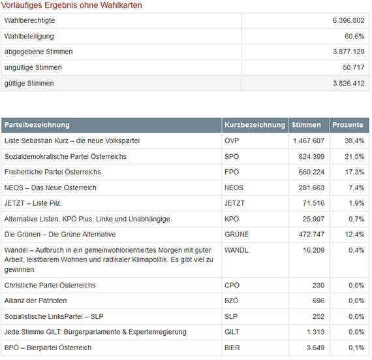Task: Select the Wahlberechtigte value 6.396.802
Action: coord(349,20)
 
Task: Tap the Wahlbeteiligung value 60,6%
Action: coord(354,37)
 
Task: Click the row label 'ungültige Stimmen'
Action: coord(33,68)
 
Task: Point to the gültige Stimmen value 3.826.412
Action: coord(349,84)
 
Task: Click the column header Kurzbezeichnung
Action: coord(255,125)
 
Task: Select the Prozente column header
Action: coord(348,125)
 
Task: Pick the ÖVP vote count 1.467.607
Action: coord(309,141)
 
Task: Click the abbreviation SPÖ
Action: coord(232,157)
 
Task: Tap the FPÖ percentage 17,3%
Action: coord(354,172)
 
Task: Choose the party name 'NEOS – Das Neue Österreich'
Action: coord(50,188)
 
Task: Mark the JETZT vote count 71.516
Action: coord(313,203)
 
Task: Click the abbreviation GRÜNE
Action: coord(236,235)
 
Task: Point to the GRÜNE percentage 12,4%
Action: coord(354,235)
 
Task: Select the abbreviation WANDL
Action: coord(236,250)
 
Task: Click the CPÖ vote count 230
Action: coord(318,286)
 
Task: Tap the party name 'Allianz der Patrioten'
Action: coord(35,301)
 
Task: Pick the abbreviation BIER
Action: coord(232,348)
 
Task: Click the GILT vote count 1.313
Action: coord(315,332)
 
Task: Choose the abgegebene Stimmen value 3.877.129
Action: coord(349,52)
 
